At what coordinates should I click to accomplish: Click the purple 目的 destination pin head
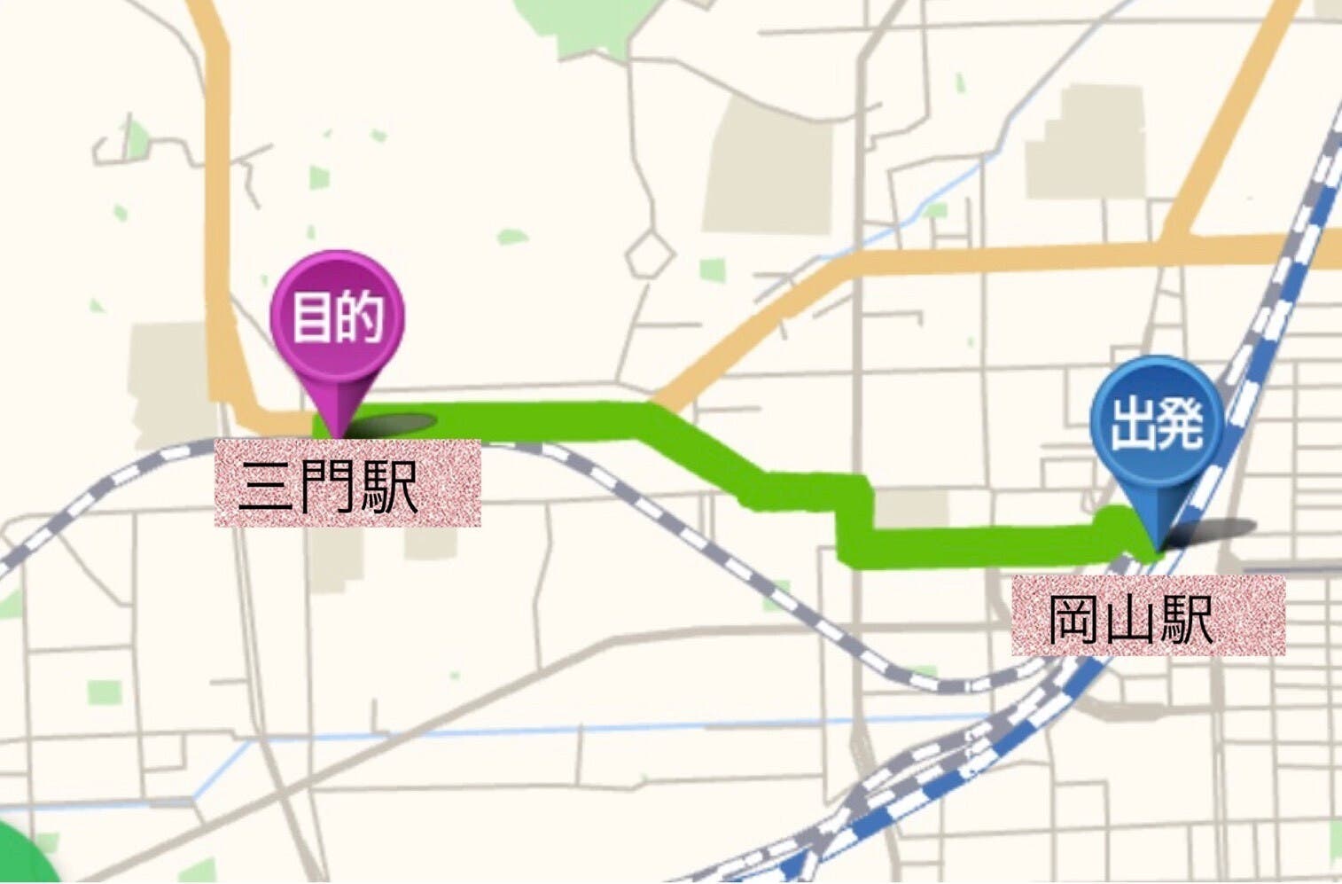click(337, 317)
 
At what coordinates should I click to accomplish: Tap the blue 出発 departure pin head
click(1156, 423)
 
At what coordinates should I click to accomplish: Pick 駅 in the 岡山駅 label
click(1186, 618)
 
